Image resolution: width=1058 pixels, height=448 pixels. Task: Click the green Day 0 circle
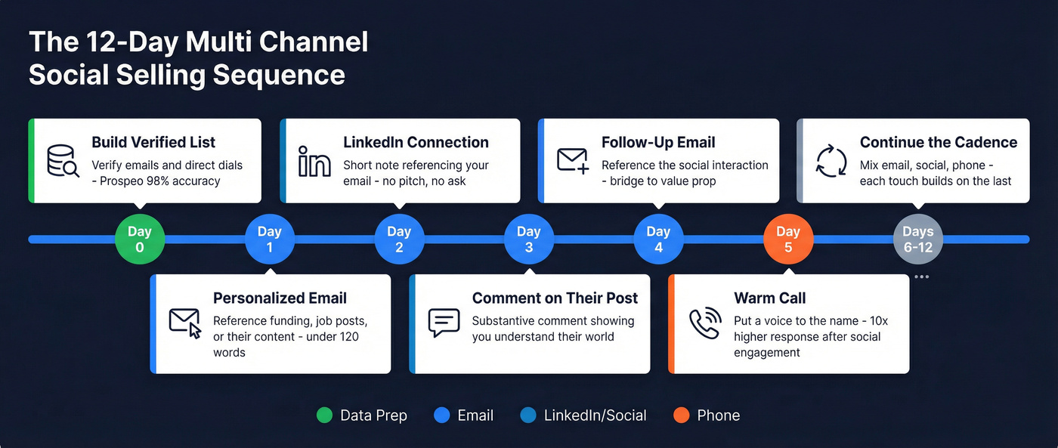(x=140, y=239)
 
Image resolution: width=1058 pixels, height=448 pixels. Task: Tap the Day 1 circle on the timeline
(x=269, y=239)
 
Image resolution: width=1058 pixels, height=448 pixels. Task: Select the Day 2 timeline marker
(x=399, y=239)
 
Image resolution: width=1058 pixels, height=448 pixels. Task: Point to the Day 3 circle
(x=528, y=239)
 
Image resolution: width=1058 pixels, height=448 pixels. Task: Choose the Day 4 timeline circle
(x=658, y=239)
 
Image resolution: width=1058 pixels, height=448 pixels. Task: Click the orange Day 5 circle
(x=788, y=239)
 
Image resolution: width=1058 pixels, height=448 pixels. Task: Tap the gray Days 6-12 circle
(x=917, y=239)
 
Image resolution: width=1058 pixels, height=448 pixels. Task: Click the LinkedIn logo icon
(x=314, y=160)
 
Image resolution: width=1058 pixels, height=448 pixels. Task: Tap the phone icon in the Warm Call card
(x=705, y=323)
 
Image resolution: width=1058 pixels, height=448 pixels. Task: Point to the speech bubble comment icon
(x=444, y=323)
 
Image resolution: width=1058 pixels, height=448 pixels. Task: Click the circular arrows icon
(x=831, y=160)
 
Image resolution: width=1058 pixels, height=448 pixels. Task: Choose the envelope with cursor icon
(x=185, y=323)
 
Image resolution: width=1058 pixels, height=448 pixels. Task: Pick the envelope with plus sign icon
(x=573, y=160)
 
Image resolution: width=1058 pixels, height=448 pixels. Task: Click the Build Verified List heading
(x=153, y=142)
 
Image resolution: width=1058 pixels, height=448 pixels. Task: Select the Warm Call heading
(x=769, y=298)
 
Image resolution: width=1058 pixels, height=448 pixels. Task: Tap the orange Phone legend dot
(x=681, y=415)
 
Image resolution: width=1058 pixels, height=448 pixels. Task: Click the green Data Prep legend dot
(x=324, y=415)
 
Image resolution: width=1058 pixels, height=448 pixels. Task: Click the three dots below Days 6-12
(x=921, y=277)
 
